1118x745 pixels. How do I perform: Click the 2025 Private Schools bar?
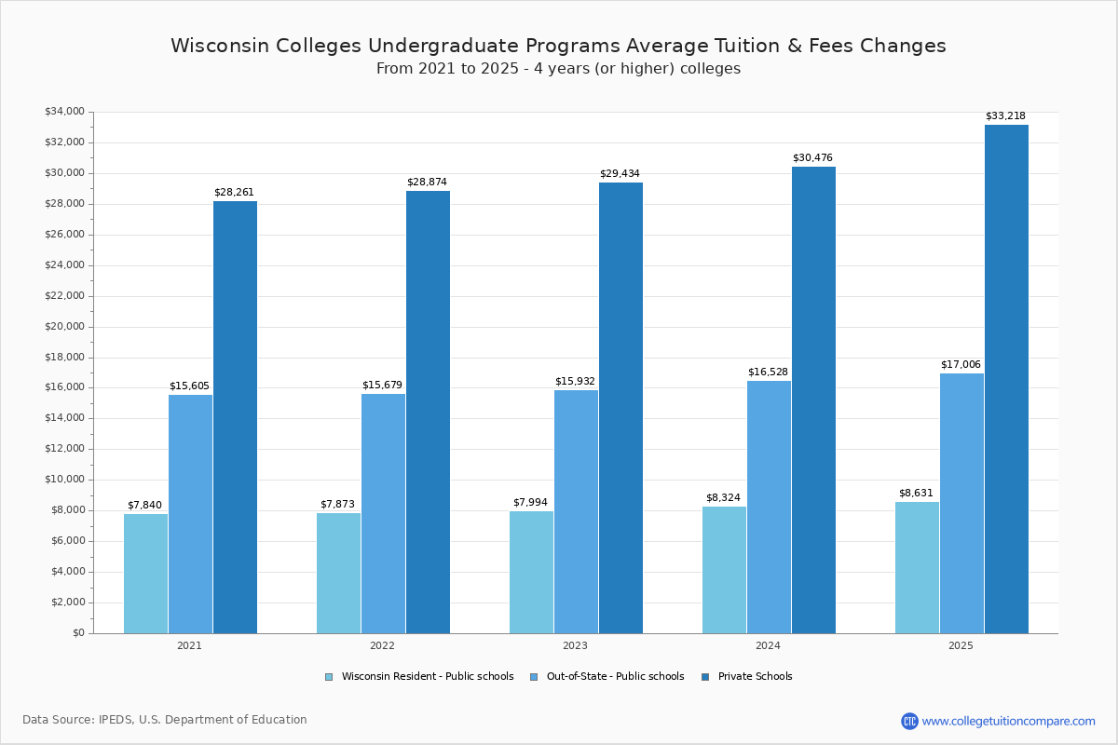coord(1006,379)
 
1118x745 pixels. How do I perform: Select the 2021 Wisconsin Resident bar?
coord(145,574)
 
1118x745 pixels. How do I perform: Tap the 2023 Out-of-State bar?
coord(576,511)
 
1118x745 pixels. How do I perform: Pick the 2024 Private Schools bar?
coord(813,400)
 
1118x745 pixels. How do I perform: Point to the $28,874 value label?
coord(427,183)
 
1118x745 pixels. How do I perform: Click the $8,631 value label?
coord(916,494)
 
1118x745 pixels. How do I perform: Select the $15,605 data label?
coord(189,386)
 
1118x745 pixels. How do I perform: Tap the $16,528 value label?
coord(768,372)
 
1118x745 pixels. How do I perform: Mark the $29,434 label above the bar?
coord(620,174)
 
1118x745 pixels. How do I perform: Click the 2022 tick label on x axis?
coord(382,645)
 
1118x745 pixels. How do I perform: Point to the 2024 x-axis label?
coord(768,645)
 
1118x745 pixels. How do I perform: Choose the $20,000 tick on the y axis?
coord(64,327)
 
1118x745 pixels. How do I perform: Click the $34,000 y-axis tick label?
coord(64,112)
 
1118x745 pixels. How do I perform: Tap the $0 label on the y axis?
coord(77,633)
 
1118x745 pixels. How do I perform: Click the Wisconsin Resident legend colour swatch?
coord(329,677)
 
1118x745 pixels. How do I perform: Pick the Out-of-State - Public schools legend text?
coord(615,677)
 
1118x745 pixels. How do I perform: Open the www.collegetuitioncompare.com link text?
coord(1008,721)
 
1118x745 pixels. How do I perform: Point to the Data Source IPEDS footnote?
coord(165,720)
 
